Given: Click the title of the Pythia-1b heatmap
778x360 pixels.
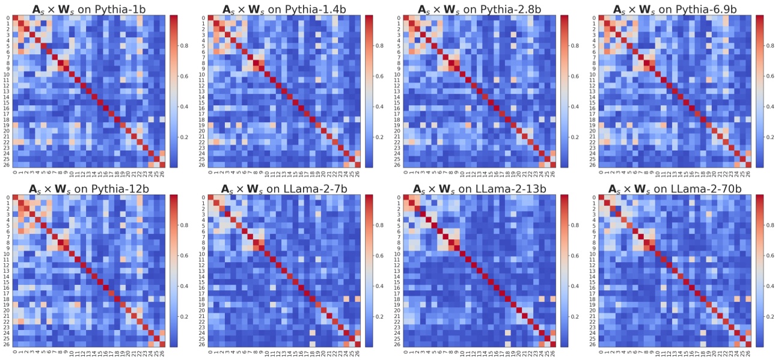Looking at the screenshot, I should (x=87, y=9).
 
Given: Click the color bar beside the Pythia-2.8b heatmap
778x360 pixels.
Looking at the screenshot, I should (x=564, y=91).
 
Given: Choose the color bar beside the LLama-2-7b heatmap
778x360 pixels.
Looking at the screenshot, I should (x=369, y=270).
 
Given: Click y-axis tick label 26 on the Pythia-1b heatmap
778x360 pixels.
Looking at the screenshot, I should (x=7, y=165).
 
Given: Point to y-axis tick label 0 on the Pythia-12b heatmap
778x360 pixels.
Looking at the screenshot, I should (x=8, y=198).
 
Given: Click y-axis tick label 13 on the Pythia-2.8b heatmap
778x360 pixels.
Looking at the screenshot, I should (x=397, y=91).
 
